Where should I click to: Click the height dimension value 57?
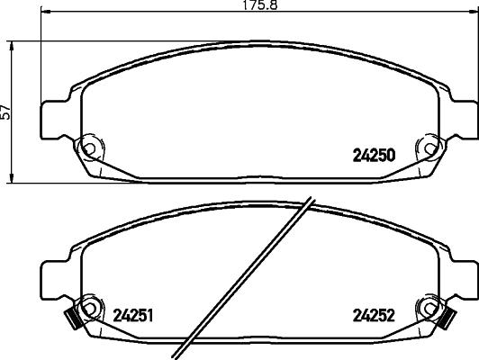(x=7, y=112)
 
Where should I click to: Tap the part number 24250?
(x=372, y=154)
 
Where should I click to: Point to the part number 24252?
(x=371, y=316)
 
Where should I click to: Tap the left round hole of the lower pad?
(x=88, y=307)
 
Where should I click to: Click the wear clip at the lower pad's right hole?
(x=444, y=317)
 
